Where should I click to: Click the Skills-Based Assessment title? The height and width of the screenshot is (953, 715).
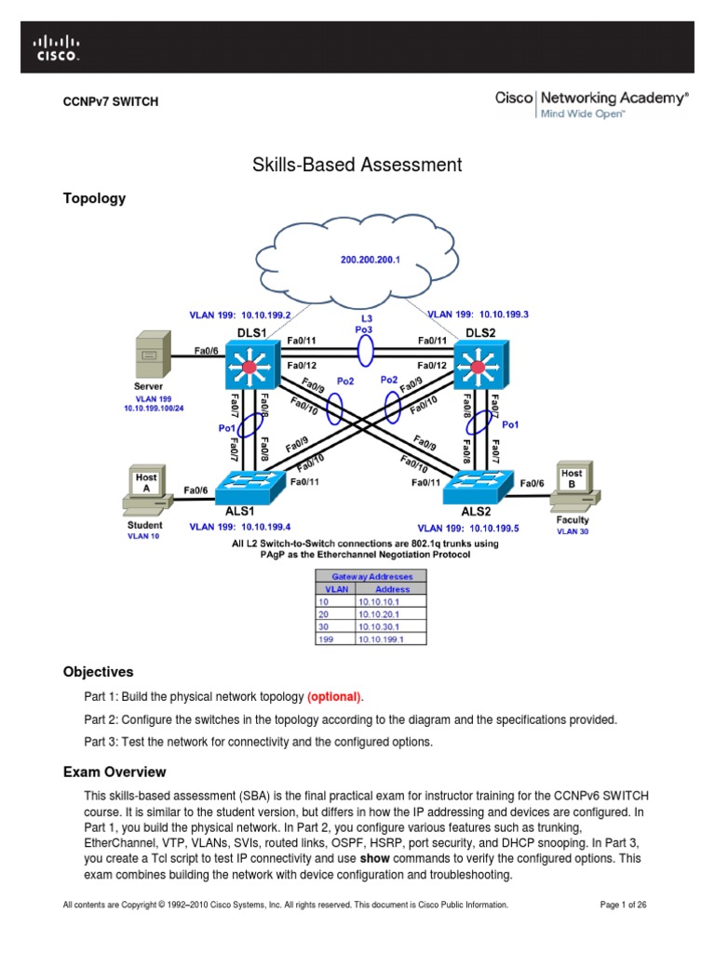click(x=357, y=165)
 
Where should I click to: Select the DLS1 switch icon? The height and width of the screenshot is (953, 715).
click(x=249, y=365)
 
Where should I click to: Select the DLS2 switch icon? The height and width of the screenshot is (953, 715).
click(x=478, y=365)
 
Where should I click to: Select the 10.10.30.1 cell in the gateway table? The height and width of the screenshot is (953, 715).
click(x=391, y=626)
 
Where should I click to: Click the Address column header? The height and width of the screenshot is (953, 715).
click(x=391, y=589)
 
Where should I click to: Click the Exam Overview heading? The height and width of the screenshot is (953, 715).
click(x=115, y=772)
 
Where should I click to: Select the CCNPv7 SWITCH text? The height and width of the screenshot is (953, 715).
click(x=110, y=101)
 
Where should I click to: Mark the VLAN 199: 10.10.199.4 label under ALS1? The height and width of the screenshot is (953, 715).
click(x=240, y=527)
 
